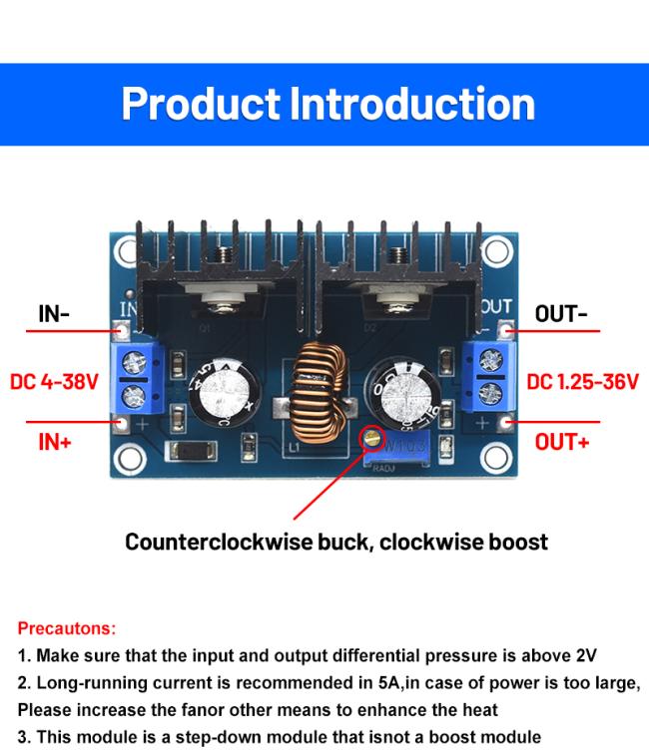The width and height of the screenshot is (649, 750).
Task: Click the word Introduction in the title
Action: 411,105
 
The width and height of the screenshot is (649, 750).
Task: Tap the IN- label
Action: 54,314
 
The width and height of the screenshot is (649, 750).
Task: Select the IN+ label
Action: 54,440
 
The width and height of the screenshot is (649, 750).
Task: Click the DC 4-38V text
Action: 54,382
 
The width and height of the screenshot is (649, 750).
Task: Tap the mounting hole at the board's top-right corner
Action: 496,247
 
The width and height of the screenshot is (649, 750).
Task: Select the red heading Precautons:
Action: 67,629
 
